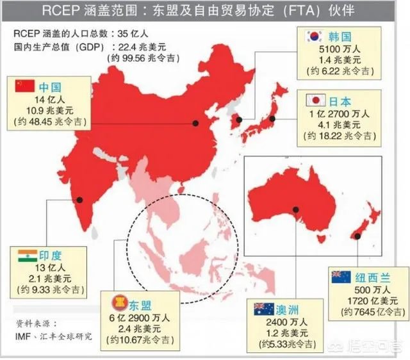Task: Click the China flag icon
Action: click(x=25, y=86)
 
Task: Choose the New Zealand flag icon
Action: click(x=341, y=277)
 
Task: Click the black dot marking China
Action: click(x=196, y=124)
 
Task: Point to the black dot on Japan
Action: click(x=272, y=119)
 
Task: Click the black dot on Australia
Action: click(x=296, y=209)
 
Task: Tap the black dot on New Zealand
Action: click(x=358, y=236)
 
